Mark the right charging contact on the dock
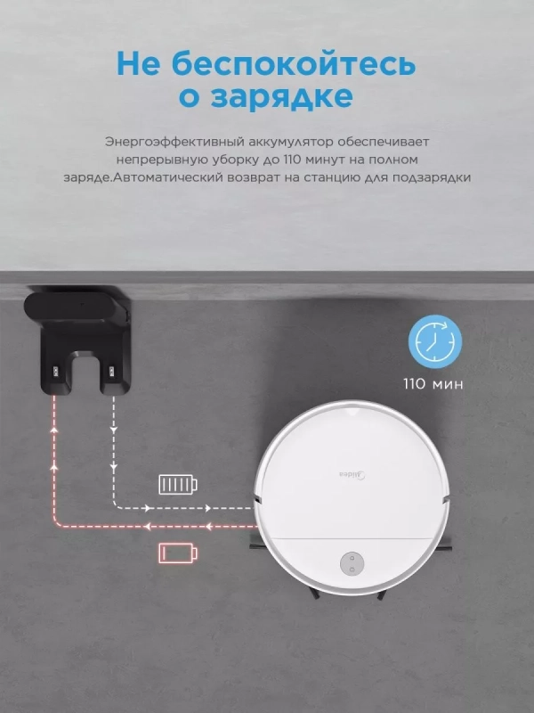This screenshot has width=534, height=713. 111,368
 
